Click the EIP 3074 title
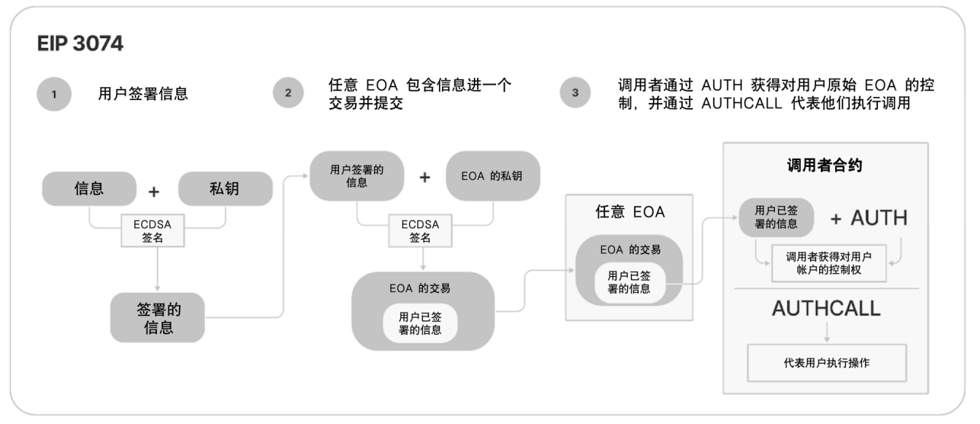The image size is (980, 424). (x=80, y=45)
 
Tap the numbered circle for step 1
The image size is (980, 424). (x=53, y=95)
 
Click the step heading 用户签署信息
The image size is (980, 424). (x=143, y=95)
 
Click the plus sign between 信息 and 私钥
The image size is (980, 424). (x=154, y=191)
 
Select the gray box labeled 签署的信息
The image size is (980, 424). (x=158, y=317)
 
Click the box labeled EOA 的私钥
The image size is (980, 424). (x=492, y=177)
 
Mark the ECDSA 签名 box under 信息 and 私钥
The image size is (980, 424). (x=158, y=231)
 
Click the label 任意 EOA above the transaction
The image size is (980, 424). (x=630, y=213)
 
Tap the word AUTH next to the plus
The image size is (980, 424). (x=879, y=218)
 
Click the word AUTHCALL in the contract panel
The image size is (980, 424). (x=826, y=308)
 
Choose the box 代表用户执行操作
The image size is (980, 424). (x=827, y=363)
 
